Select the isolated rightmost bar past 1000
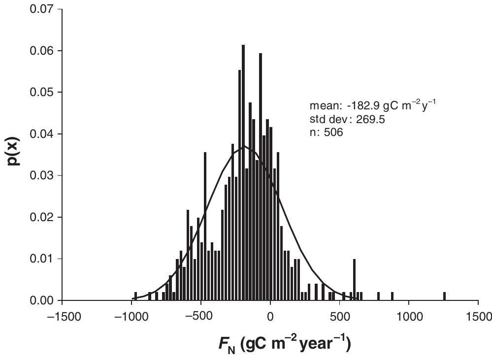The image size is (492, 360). [444, 296]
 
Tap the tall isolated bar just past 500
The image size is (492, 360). [354, 279]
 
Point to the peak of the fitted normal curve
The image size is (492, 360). [244, 146]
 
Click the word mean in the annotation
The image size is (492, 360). [321, 105]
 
